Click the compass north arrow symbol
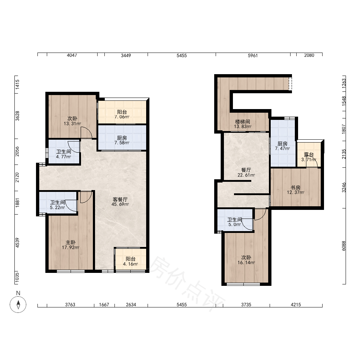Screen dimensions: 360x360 pyautogui.click(x=18, y=305)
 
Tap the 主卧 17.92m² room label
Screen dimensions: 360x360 pyautogui.click(x=71, y=245)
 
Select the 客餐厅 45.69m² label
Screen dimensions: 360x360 pyautogui.click(x=120, y=202)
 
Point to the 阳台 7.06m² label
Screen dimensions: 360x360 pyautogui.click(x=122, y=114)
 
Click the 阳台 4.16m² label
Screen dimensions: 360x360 pyautogui.click(x=130, y=261)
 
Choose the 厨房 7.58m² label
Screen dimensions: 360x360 pyautogui.click(x=122, y=140)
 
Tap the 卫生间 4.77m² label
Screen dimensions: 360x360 pyautogui.click(x=64, y=154)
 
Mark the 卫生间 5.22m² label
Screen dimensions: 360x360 pyautogui.click(x=57, y=205)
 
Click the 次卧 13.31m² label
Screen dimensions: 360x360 pyautogui.click(x=72, y=121)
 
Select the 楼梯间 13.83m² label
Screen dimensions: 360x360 pyautogui.click(x=243, y=124)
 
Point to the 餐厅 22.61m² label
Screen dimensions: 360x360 pyautogui.click(x=246, y=172)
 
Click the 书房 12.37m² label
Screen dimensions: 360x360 pyautogui.click(x=296, y=190)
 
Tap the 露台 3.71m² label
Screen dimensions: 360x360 pyautogui.click(x=309, y=157)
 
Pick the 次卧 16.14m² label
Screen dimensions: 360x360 pyautogui.click(x=246, y=260)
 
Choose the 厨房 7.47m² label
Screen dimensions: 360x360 pyautogui.click(x=282, y=146)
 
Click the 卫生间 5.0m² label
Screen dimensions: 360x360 pyautogui.click(x=235, y=222)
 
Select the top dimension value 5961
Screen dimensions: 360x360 pyautogui.click(x=253, y=55)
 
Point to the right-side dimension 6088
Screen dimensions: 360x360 pyautogui.click(x=343, y=246)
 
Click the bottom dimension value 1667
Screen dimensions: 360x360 pyautogui.click(x=104, y=305)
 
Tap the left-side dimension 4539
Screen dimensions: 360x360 pyautogui.click(x=17, y=243)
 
